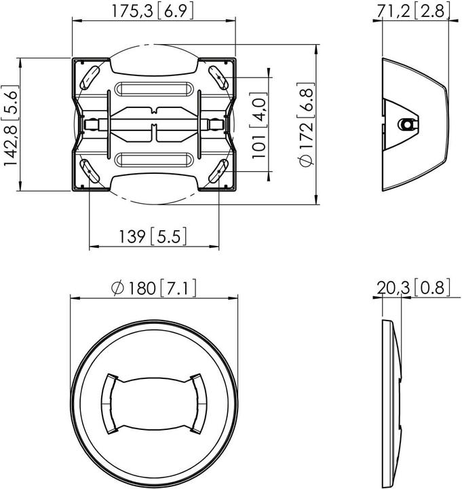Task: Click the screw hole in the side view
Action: point(406,124)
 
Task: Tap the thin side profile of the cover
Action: point(392,403)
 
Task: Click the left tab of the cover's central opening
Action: point(109,403)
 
